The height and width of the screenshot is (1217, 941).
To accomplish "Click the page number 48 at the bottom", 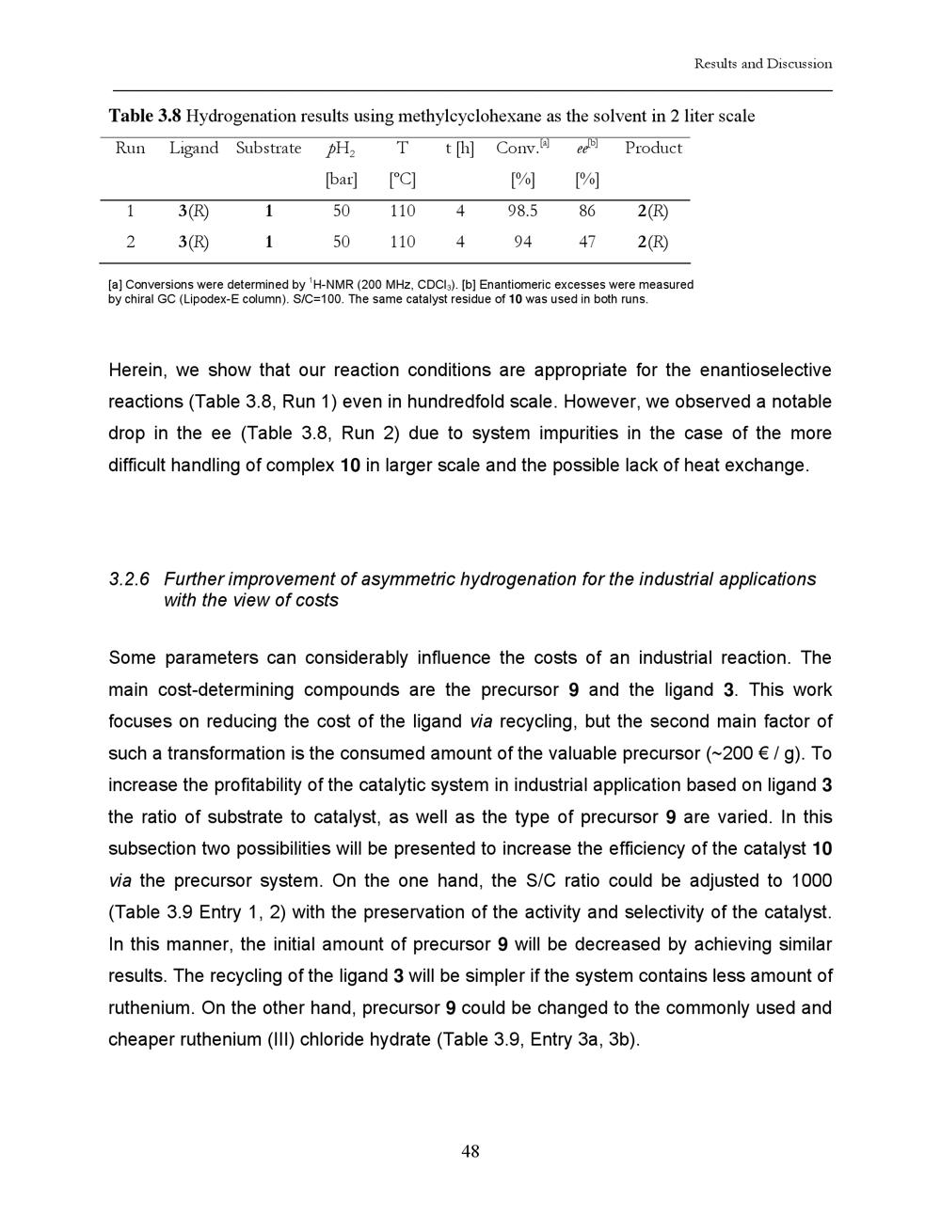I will click(470, 1151).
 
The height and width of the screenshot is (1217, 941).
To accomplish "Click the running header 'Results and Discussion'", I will click(763, 64).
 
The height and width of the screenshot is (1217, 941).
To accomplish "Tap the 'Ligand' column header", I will click(194, 149).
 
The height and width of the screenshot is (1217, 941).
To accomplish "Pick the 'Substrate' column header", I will click(268, 149).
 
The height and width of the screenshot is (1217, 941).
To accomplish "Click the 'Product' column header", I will click(653, 149).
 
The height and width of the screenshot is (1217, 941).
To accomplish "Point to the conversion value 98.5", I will click(522, 212).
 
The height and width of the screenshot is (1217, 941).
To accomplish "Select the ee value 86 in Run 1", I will click(587, 212).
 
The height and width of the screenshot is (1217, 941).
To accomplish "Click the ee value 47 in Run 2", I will click(587, 243).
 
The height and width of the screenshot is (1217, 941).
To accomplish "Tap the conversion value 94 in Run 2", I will click(522, 243).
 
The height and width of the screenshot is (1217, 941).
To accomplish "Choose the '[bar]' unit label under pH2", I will click(341, 180).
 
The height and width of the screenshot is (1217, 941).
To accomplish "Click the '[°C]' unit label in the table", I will click(402, 180).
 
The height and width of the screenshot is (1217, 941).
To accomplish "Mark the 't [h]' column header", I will click(459, 149).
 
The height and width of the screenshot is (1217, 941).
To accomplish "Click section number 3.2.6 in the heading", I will click(129, 579).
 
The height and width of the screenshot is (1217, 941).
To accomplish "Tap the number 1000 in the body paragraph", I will click(812, 881).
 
